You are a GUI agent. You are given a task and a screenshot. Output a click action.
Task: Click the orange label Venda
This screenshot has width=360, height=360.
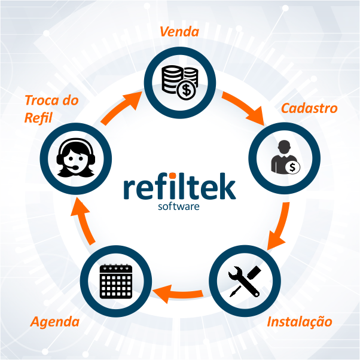pyautogui.click(x=179, y=32)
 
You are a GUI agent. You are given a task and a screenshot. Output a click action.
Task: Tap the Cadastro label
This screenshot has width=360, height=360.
pyautogui.click(x=309, y=108)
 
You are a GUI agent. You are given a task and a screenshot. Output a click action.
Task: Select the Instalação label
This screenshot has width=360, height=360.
pyautogui.click(x=300, y=322)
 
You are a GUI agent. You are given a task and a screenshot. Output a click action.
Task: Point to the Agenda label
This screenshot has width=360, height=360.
pyautogui.click(x=55, y=322)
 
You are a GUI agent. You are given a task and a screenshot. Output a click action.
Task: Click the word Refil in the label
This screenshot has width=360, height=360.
pyautogui.click(x=38, y=118)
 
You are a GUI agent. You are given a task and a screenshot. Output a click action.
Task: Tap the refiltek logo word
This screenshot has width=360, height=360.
pyautogui.click(x=180, y=186)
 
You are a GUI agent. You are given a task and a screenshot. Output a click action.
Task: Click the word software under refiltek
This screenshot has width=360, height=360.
pyautogui.click(x=179, y=206)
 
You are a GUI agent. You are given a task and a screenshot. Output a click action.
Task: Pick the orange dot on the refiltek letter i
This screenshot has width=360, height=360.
pyautogui.click(x=172, y=176)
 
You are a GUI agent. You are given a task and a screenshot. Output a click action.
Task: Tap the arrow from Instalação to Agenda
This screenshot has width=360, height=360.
pyautogui.click(x=178, y=294)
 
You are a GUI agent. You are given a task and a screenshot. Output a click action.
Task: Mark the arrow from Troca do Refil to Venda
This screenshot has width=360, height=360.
pyautogui.click(x=121, y=108)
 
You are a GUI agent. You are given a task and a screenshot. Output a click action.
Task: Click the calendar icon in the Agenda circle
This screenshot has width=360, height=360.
pyautogui.click(x=116, y=281)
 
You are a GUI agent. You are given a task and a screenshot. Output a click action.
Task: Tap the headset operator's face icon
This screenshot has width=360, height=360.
pyautogui.click(x=76, y=158)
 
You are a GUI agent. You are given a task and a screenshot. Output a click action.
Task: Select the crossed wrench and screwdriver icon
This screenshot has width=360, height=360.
pyautogui.click(x=245, y=281)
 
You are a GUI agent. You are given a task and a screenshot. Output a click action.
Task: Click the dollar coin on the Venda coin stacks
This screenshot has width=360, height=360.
pyautogui.click(x=187, y=90)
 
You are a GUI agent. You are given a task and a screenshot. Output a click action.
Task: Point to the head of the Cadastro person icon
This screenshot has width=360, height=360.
pyautogui.click(x=284, y=147)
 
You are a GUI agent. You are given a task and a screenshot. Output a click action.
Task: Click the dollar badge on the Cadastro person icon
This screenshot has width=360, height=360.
pyautogui.click(x=292, y=167)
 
